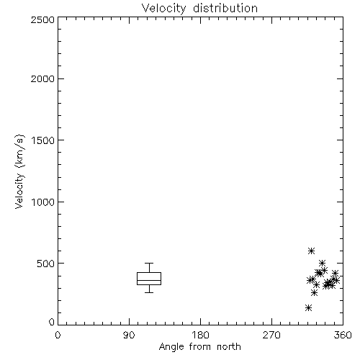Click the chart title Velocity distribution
click(199, 9)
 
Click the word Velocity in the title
click(163, 9)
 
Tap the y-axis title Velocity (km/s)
click(19, 171)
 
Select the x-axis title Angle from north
click(199, 347)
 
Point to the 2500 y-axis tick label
click(42, 19)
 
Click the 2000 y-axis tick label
click(42, 78)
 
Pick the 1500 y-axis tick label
click(43, 140)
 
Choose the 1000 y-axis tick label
click(43, 202)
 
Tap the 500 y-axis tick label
click(46, 264)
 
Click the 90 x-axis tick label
click(129, 335)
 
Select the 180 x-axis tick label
click(200, 335)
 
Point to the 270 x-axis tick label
click(271, 335)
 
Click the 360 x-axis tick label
click(343, 335)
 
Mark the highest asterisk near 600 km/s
click(311, 251)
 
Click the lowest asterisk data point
click(309, 307)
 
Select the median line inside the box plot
click(149, 280)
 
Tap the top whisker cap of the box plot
click(149, 264)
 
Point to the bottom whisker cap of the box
click(149, 292)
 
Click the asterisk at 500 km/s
click(323, 263)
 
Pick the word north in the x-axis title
click(229, 347)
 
